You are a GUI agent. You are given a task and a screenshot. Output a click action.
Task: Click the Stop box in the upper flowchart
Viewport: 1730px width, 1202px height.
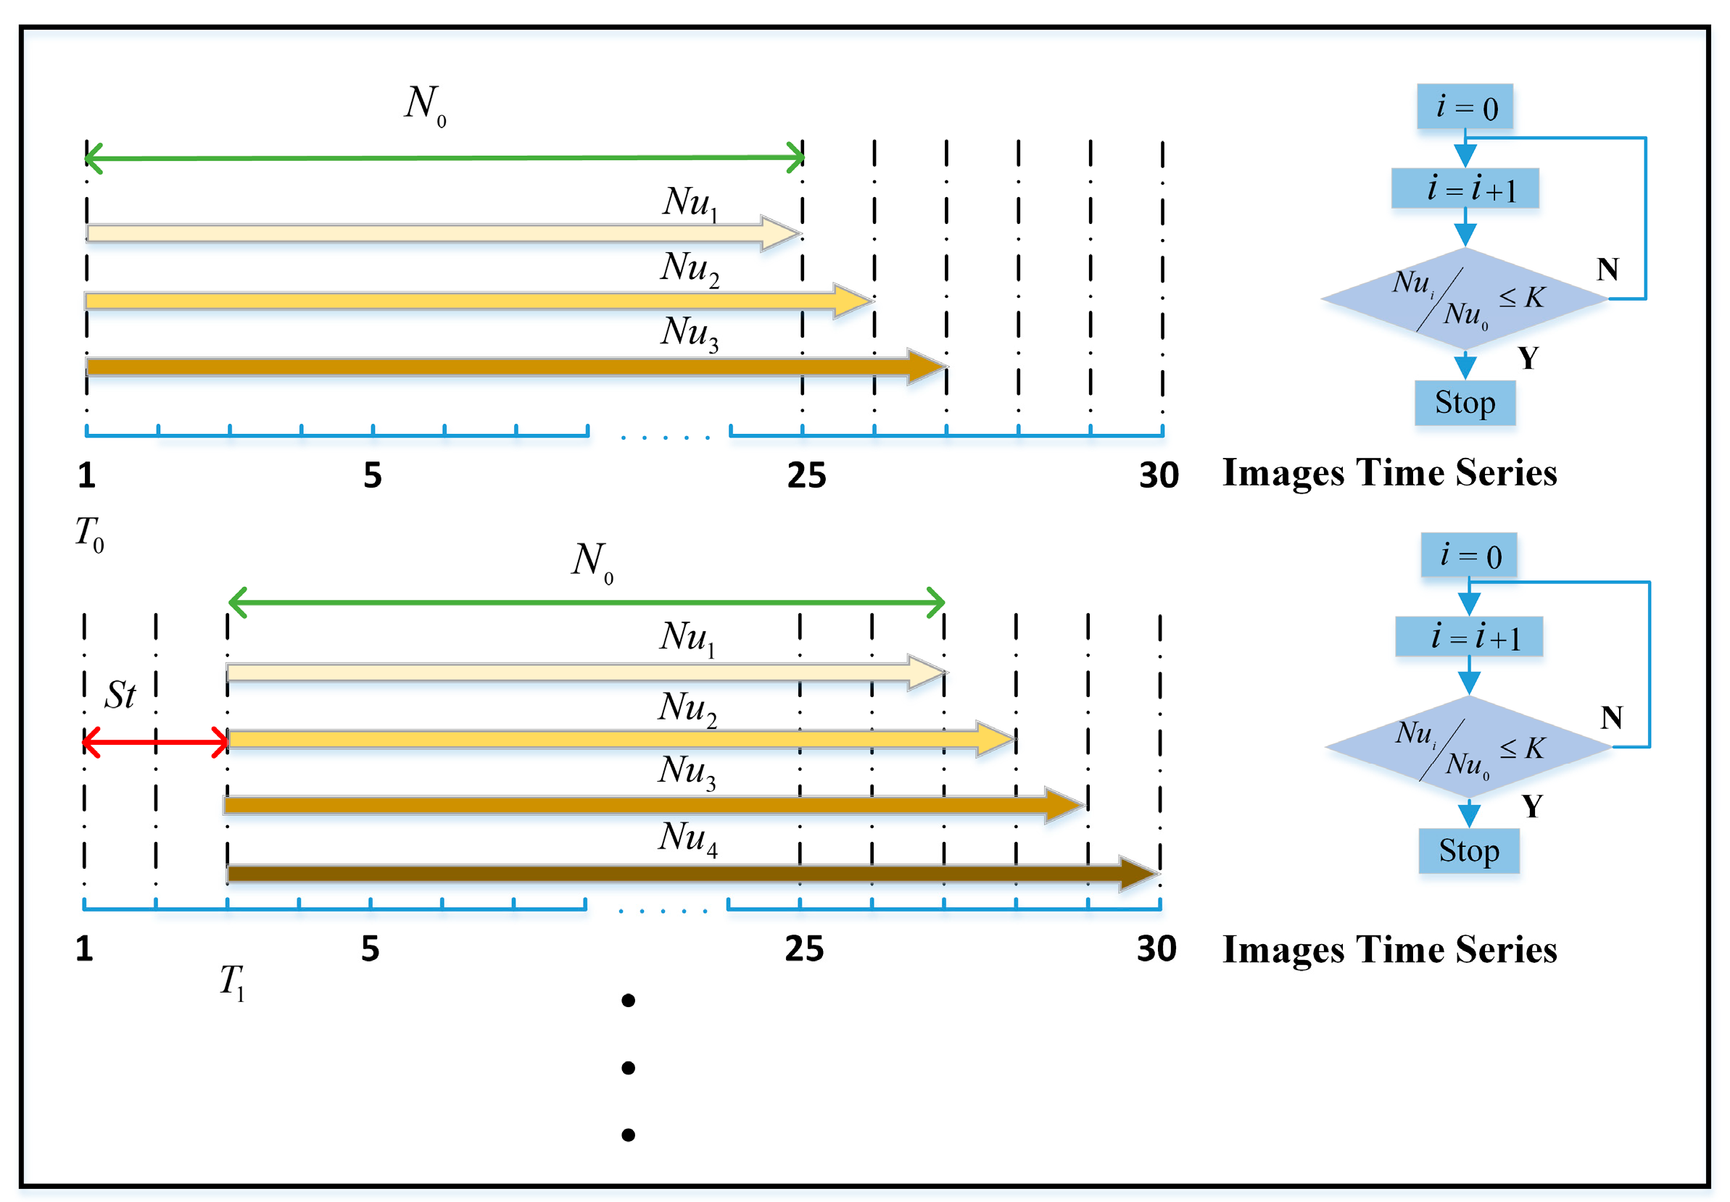1464,403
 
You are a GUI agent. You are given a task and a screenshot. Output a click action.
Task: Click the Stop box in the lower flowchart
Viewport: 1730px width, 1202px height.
1468,851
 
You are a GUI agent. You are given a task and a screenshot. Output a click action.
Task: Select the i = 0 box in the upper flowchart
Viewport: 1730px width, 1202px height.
1464,107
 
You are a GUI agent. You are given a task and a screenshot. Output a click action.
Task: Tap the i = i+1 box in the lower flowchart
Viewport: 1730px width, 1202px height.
1468,637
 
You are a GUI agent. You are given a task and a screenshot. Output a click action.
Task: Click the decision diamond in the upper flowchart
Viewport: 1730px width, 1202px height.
1464,299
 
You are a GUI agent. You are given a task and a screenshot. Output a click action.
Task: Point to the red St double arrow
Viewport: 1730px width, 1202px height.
155,743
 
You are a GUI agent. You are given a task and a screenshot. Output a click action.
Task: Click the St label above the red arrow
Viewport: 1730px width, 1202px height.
120,695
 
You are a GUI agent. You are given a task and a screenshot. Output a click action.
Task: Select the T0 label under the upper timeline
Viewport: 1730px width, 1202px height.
89,534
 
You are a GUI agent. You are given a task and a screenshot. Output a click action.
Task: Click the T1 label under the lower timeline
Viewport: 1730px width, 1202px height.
232,982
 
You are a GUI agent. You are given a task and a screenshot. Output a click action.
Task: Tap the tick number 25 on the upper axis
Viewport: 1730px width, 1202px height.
806,476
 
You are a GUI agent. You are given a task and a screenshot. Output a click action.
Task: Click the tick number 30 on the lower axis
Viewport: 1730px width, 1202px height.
1156,949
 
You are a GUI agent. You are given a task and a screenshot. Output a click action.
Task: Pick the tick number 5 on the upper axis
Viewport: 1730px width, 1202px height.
372,476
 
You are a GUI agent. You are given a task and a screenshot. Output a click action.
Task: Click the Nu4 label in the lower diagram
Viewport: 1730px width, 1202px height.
687,838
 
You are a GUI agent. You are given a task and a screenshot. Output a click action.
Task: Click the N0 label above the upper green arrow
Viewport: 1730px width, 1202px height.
425,104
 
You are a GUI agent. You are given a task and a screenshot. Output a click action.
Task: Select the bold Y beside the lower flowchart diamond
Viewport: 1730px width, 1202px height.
1531,806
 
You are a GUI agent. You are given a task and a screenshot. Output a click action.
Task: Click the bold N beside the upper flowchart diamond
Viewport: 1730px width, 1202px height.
1607,269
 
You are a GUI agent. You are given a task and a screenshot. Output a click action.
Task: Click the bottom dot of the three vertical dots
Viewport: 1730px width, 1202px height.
628,1134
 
